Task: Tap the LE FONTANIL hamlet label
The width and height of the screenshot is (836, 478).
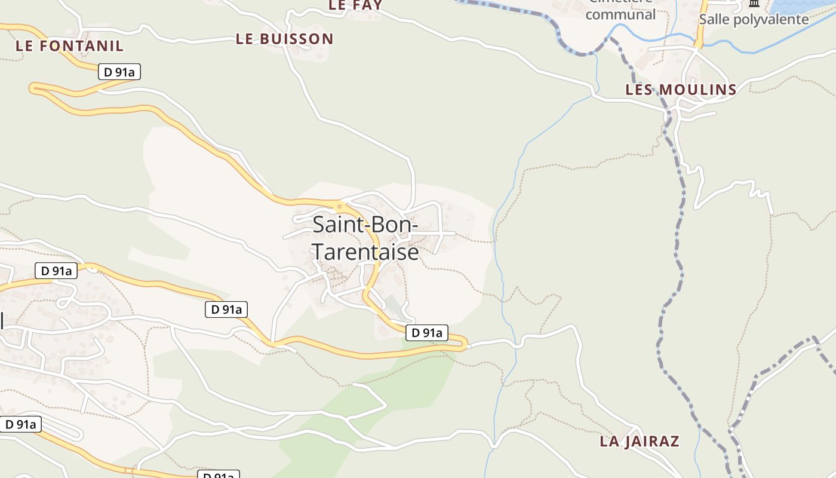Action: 69,45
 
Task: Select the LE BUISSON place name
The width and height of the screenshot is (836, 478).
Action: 284,39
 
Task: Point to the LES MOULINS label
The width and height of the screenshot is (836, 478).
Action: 681,90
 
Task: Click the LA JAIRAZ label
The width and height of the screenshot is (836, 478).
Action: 640,442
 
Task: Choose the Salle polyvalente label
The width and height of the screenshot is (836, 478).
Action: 754,19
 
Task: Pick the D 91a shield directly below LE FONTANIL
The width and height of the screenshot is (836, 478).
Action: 119,72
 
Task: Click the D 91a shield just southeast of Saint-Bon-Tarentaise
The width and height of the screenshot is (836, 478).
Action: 426,333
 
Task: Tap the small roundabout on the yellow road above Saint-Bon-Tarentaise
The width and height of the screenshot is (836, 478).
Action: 340,207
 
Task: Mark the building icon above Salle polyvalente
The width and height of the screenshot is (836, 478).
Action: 754,4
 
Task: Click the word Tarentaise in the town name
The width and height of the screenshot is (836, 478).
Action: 365,252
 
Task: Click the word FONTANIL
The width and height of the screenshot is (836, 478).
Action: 84,45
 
